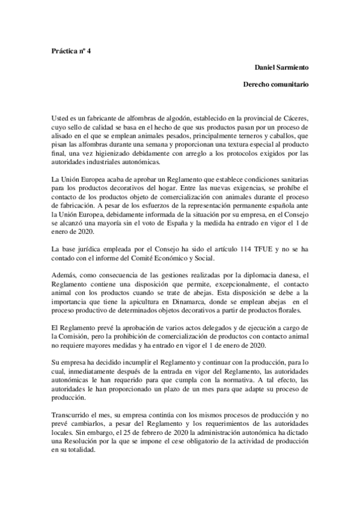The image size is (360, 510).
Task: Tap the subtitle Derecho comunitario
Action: (276, 85)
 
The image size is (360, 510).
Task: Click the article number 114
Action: (233, 247)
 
